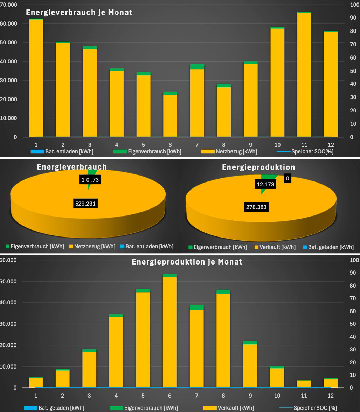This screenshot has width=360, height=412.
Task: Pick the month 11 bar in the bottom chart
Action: [x=304, y=384]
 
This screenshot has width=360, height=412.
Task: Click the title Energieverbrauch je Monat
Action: [x=79, y=13]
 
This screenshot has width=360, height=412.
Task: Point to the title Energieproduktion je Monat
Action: [x=187, y=262]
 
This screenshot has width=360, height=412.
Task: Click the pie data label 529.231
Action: [x=85, y=203]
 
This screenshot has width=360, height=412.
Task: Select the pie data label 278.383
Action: [x=256, y=207]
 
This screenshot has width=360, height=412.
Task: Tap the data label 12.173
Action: [x=265, y=184]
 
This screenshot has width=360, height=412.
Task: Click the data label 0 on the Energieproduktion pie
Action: [x=287, y=179]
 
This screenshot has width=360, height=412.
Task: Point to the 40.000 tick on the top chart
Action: [x=9, y=61]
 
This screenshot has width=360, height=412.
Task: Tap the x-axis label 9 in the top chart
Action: [x=250, y=145]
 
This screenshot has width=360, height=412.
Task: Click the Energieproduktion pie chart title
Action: [x=258, y=167]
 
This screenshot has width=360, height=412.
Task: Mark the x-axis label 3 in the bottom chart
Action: [x=89, y=396]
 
